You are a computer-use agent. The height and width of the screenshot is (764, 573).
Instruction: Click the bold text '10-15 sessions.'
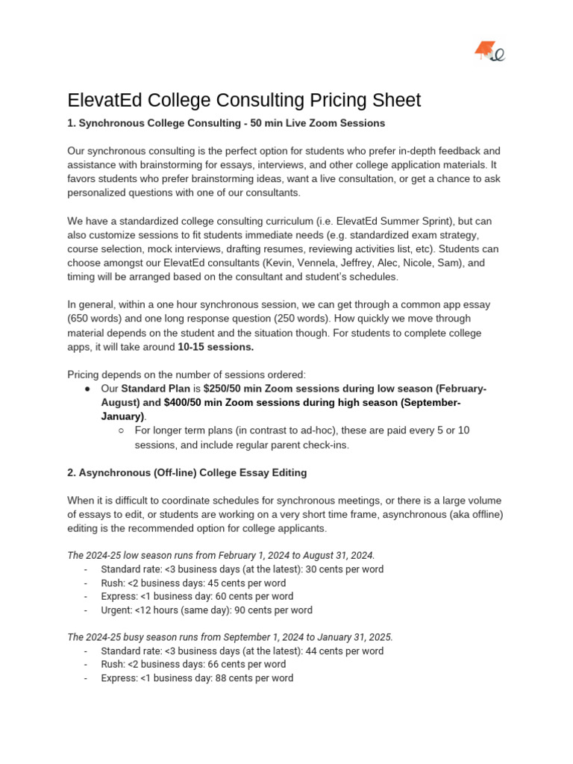[x=216, y=347]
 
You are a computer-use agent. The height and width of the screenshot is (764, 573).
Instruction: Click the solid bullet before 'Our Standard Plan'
[x=88, y=389]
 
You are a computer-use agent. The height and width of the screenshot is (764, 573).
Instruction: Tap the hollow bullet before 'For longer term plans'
[x=122, y=431]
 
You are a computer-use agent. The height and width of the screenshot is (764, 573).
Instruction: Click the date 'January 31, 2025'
[x=354, y=637]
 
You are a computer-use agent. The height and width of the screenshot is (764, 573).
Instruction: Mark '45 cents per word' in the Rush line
[x=243, y=583]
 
